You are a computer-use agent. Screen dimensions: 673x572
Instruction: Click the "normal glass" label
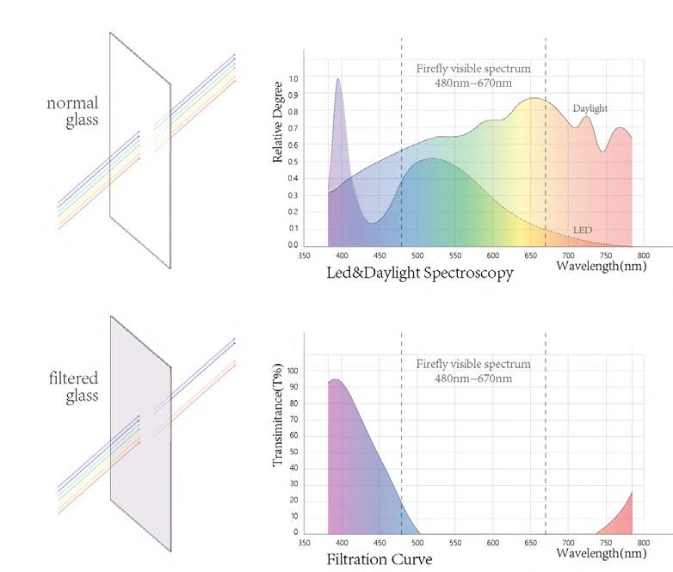(72, 111)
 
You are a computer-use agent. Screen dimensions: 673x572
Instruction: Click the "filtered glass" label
(73, 386)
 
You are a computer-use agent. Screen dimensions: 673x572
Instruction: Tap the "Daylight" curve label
(590, 108)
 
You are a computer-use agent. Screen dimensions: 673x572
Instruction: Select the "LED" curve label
(583, 230)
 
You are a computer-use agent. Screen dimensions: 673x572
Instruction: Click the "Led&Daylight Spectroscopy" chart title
(420, 273)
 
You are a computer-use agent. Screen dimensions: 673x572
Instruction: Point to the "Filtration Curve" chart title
(380, 559)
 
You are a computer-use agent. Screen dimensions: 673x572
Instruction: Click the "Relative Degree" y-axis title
(277, 122)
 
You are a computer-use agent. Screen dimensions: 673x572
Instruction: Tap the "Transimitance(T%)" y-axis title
(278, 415)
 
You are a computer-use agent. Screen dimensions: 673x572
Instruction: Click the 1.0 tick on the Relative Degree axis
(293, 79)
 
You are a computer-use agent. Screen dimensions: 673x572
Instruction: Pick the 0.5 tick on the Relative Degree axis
(293, 162)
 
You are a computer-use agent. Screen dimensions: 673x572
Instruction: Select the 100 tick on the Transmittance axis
(293, 371)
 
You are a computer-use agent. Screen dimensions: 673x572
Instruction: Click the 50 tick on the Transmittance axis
(294, 452)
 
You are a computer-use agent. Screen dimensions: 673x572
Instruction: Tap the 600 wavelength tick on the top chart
(493, 255)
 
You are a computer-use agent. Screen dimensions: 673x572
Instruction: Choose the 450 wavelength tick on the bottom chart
(380, 543)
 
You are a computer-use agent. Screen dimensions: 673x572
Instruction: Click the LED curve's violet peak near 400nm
(338, 79)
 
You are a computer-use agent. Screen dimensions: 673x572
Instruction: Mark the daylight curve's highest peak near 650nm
(534, 98)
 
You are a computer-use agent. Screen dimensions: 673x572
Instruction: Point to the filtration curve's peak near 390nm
(336, 380)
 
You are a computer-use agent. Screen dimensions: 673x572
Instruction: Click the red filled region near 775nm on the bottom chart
(622, 520)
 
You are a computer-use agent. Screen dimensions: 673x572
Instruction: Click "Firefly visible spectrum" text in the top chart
(473, 69)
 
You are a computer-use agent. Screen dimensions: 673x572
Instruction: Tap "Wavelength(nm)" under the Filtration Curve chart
(602, 553)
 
